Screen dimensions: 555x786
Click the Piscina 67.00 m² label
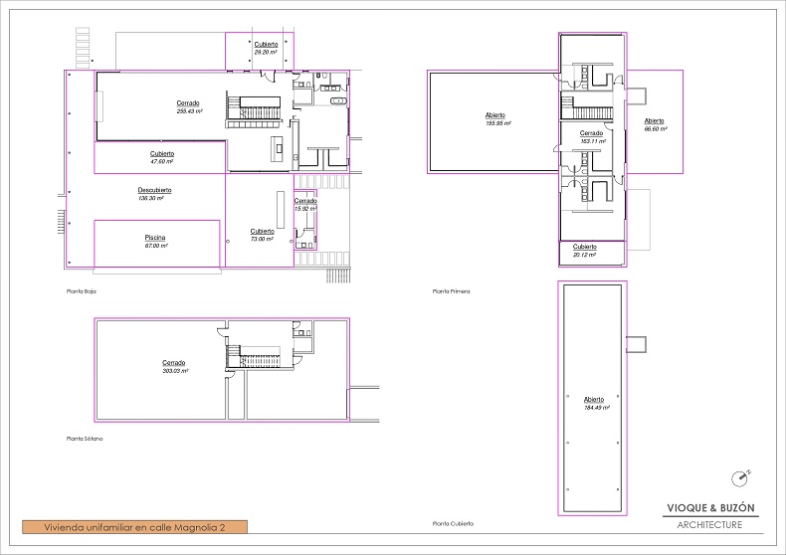[x=156, y=241]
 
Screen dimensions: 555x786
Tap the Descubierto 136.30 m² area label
[x=154, y=194]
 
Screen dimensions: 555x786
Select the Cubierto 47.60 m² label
[x=162, y=157]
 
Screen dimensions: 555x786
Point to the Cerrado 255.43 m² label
[x=189, y=107]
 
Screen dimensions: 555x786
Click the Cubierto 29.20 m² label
[x=266, y=48]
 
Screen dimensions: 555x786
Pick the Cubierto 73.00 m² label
[x=262, y=235]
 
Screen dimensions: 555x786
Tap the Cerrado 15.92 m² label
[x=304, y=205]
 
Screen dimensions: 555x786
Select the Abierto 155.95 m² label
[x=498, y=119]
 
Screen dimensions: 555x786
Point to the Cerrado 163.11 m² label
[x=591, y=137]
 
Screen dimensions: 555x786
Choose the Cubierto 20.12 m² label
[x=584, y=251]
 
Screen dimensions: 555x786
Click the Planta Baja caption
[x=81, y=291]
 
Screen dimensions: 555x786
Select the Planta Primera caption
[x=451, y=291]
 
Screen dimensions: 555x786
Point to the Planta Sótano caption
[x=84, y=439]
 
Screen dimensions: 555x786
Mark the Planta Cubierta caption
[x=453, y=523]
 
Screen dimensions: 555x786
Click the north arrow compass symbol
[x=739, y=478]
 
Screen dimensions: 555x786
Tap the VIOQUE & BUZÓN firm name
[x=710, y=508]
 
